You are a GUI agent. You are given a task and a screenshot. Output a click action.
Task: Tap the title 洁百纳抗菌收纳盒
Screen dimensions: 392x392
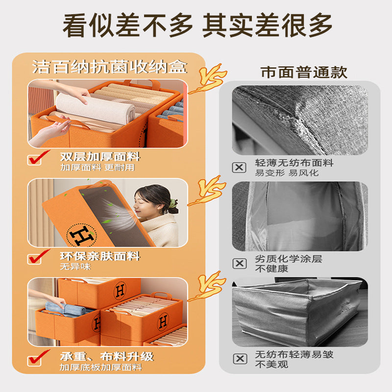[x=110, y=66]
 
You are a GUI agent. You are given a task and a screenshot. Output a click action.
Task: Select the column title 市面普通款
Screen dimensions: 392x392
[x=304, y=73]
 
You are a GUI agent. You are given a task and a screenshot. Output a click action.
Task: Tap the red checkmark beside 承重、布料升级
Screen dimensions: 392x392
[x=39, y=357]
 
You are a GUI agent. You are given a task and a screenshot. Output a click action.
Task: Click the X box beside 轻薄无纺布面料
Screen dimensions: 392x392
[x=239, y=167]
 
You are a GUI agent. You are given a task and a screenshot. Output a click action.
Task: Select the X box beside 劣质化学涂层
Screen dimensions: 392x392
[x=239, y=263]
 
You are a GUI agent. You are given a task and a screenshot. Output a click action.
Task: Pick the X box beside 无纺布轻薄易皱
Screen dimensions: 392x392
[x=239, y=359]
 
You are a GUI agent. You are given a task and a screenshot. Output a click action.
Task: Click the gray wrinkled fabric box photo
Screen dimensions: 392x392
[x=297, y=311]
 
